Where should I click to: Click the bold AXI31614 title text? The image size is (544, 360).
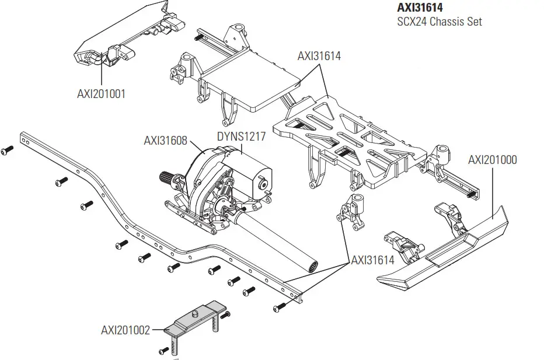pos(420,8)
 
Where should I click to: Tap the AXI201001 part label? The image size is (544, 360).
pos(101,93)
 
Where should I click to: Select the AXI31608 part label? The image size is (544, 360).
pos(165,140)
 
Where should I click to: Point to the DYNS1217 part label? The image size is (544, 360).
pos(241,137)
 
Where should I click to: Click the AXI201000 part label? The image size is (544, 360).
pos(492,160)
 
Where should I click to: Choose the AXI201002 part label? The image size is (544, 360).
pos(125,330)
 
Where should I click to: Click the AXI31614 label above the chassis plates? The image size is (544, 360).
pos(319,57)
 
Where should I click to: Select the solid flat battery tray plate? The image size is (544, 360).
pos(251,85)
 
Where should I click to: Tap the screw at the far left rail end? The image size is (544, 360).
pos(6,151)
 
